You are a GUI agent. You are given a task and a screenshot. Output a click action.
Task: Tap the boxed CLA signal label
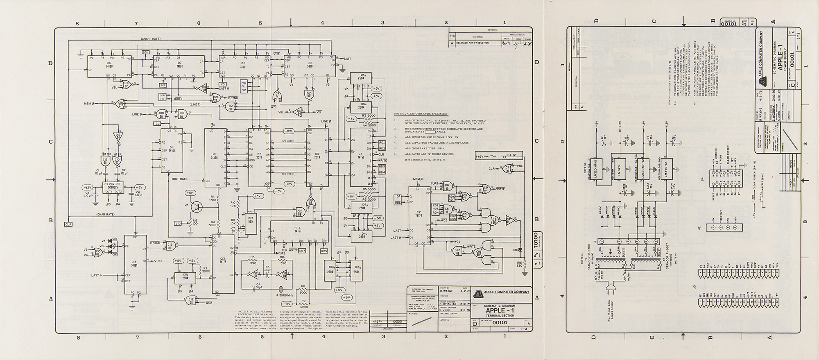coord(68,224)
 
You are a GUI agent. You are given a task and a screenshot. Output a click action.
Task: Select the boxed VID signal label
coord(178,224)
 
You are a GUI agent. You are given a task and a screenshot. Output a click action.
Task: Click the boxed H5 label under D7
coord(163,85)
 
